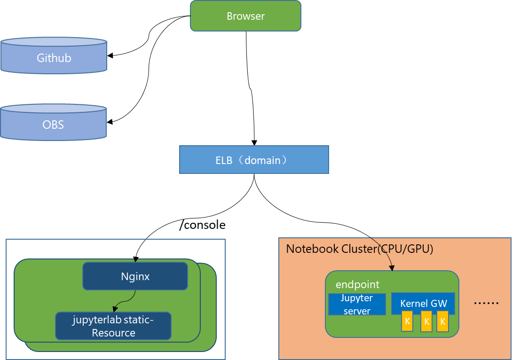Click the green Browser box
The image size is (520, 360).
tap(245, 16)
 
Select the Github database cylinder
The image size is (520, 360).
tap(54, 58)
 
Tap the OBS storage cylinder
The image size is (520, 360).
tap(53, 125)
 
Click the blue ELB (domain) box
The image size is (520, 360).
tap(254, 160)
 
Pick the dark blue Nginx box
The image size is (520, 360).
tap(135, 276)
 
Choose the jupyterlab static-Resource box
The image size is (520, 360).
tap(113, 326)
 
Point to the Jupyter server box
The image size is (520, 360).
tap(356, 305)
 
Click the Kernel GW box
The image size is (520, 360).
tap(423, 304)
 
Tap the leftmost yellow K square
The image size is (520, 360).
tap(408, 321)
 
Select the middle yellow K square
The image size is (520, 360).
tap(426, 321)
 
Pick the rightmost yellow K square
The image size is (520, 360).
tap(442, 321)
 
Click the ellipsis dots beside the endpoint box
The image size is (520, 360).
tap(486, 303)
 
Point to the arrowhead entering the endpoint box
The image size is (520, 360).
tap(392, 268)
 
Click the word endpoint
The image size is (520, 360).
tap(357, 285)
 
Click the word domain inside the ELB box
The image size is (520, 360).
tap(262, 160)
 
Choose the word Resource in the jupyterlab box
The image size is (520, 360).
tap(113, 333)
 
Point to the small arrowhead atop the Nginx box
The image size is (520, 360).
tap(135, 260)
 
